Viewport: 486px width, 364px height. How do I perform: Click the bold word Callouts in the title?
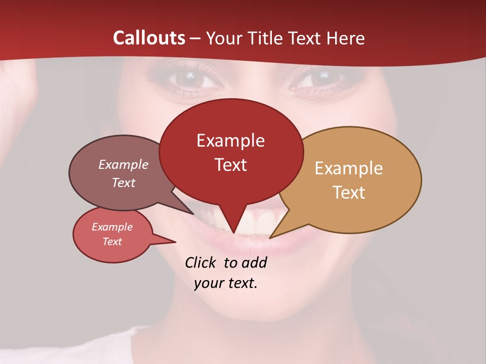coord(149,38)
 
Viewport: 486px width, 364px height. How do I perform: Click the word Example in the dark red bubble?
coord(230,141)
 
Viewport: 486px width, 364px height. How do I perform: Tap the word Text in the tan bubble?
coord(349,193)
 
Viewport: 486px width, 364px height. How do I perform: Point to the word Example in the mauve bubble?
coord(124,164)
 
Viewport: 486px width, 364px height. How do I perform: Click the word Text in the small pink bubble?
coord(112,242)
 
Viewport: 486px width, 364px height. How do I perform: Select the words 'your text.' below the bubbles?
coord(226,283)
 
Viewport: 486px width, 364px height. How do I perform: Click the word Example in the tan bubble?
coord(349,168)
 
